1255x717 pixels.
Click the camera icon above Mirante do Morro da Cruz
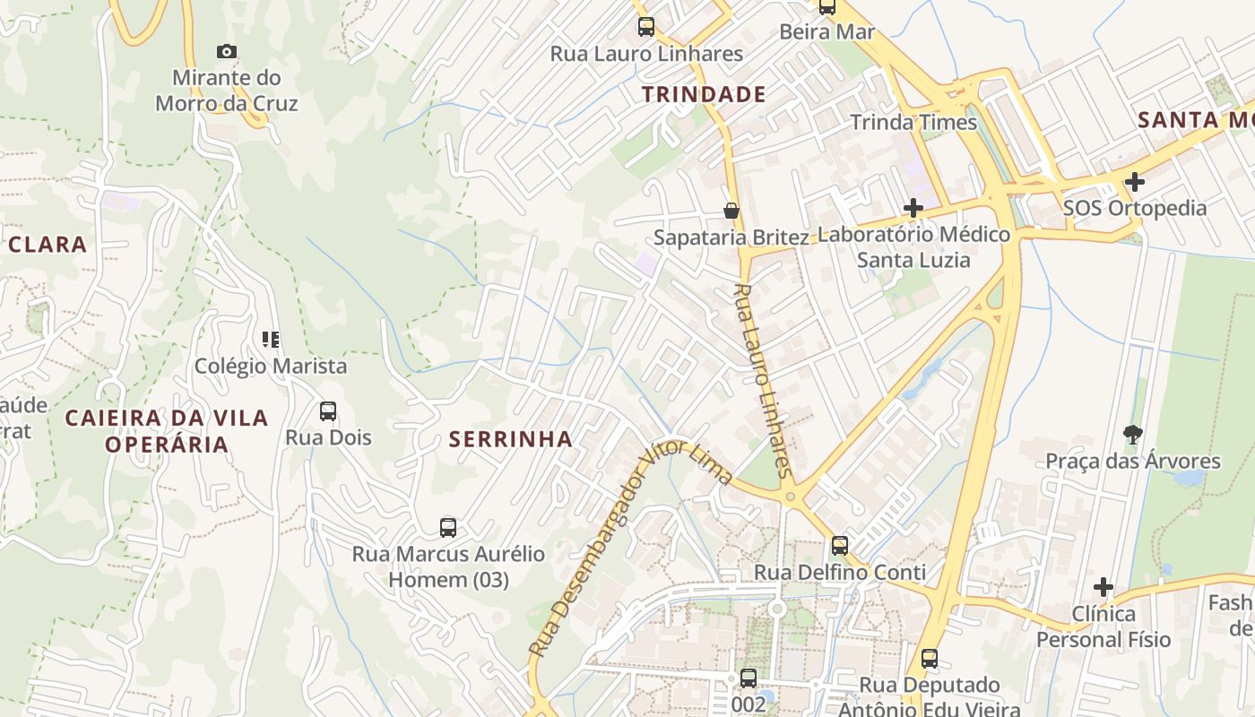[227, 52]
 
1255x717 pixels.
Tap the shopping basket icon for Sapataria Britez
[731, 211]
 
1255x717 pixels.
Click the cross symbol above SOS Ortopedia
[1135, 182]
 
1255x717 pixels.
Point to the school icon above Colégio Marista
[271, 339]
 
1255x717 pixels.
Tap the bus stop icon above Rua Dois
[328, 411]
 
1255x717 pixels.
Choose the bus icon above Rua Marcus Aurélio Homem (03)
[448, 528]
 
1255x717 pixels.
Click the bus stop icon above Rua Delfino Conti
[840, 546]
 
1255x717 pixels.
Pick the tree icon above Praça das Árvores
[1133, 435]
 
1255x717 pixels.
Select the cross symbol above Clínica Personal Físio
[1104, 588]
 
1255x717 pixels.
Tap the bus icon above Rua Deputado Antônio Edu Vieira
[930, 659]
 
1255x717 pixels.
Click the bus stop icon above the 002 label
[749, 678]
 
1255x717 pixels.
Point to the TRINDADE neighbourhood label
[704, 94]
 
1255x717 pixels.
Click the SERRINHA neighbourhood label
[510, 438]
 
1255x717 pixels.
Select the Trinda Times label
[913, 122]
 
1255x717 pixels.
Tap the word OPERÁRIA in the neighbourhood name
[167, 444]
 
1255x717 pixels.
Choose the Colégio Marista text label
[271, 366]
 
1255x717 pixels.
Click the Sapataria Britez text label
[731, 238]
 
